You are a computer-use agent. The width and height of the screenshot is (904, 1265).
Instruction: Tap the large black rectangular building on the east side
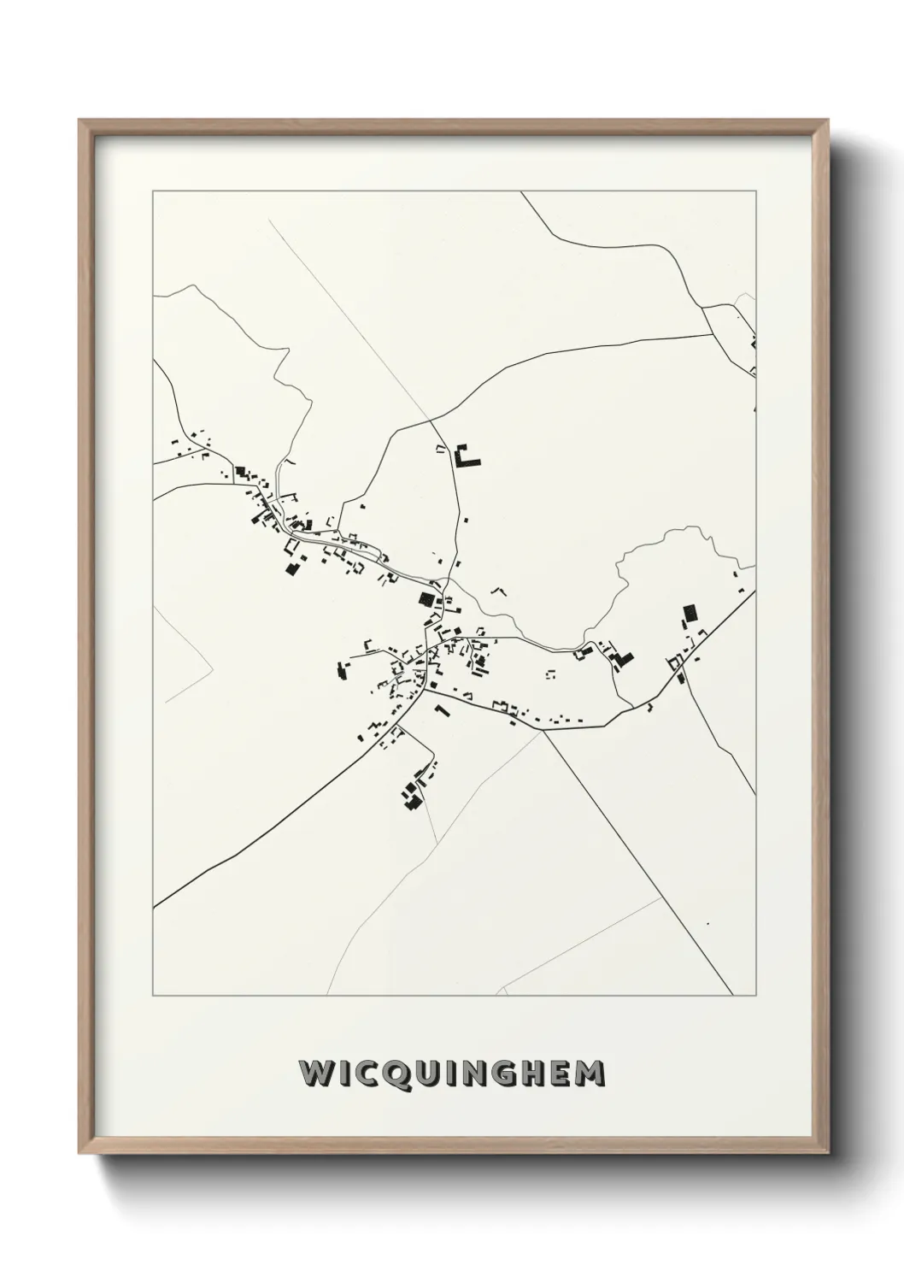690,613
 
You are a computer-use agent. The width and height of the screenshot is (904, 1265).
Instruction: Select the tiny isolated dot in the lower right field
707,924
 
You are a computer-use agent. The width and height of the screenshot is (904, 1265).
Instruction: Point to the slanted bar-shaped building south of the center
442,710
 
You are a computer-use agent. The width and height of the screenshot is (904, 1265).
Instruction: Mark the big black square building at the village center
425,599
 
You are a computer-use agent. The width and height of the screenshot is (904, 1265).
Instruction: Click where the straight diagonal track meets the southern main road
543,731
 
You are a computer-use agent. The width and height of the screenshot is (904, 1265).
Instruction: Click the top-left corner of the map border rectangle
153,191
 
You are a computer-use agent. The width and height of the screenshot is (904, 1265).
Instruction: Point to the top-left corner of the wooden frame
79,121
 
